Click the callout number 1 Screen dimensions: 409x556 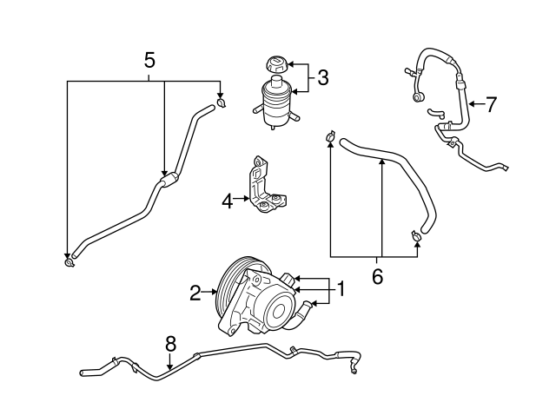pos(341,289)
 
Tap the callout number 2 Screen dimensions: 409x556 pos(195,293)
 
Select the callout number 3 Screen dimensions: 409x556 pos(322,78)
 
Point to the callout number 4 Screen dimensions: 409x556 pos(228,201)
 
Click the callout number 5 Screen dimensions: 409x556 pos(149,60)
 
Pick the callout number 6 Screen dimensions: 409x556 pos(377,276)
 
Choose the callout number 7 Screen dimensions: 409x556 pos(491,105)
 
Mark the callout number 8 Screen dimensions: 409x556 pos(170,342)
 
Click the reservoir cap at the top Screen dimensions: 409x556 pos(275,65)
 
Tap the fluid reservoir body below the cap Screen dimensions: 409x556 pos(275,103)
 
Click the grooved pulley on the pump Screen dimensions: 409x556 pos(228,288)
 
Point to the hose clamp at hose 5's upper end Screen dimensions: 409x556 pos(222,105)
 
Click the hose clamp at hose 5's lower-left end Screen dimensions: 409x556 pos(69,261)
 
